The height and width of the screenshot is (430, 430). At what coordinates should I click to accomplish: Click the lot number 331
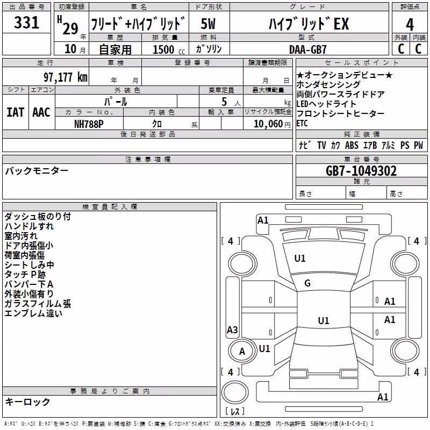point(26,23)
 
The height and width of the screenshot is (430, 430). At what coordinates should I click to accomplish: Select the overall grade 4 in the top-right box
point(410,25)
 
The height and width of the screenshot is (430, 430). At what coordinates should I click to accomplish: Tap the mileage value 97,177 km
point(65,77)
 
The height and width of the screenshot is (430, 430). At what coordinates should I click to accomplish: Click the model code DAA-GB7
point(307,49)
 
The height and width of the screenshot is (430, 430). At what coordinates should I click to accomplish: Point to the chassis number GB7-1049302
point(361,171)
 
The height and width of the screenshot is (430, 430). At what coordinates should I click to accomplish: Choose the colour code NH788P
point(89,124)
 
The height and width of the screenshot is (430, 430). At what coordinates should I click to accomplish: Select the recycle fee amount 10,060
point(268,124)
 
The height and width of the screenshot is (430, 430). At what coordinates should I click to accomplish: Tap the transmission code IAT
point(16,112)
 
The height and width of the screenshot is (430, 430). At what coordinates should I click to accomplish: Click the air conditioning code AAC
point(41,112)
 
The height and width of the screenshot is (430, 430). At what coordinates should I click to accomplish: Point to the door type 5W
point(208,24)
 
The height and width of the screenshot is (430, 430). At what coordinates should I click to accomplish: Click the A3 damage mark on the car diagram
point(232,329)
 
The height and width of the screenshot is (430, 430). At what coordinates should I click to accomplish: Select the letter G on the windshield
point(307,283)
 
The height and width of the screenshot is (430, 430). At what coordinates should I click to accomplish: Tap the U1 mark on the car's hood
point(300,259)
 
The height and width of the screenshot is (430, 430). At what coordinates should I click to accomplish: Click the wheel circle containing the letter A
point(242,352)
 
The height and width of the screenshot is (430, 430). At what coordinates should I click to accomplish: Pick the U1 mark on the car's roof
point(324,320)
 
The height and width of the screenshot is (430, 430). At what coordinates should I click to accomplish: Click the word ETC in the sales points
point(302,124)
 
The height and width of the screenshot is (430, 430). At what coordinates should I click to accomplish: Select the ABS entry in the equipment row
point(352,145)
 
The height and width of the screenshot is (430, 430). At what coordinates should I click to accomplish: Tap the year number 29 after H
point(70,28)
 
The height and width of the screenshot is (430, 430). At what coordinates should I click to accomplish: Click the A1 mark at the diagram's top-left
point(263,220)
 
